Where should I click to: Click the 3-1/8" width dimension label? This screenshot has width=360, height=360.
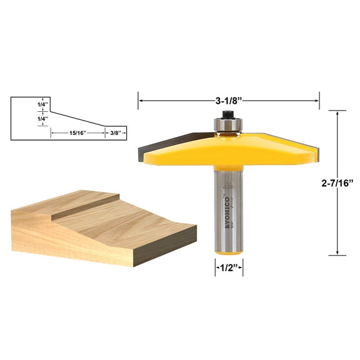pos(228,99)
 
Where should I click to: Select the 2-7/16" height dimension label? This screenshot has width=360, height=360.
pos(336,183)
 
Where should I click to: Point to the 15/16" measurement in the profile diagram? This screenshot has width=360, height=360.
pos(77,132)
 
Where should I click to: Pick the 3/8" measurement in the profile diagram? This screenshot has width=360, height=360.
pos(115,132)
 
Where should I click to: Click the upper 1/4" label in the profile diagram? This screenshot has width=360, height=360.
pos(42,105)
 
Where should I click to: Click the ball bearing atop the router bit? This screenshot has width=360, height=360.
pos(227,124)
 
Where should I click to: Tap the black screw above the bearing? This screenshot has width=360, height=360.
pos(227,114)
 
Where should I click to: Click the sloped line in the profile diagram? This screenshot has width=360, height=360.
pos(76,119)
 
